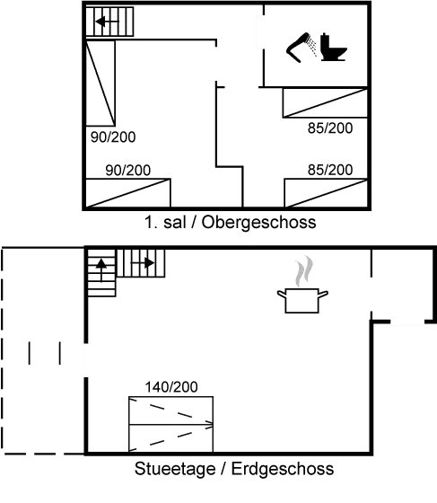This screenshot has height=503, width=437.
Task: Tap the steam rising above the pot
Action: click(306, 269)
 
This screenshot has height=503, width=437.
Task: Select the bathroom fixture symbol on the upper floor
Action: click(316, 48)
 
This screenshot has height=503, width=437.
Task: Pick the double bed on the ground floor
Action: click(170, 424)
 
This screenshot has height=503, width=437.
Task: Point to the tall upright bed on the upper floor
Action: click(101, 85)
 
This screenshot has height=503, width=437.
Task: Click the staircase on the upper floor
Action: click(102, 22)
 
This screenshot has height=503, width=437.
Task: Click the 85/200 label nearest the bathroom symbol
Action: click(329, 129)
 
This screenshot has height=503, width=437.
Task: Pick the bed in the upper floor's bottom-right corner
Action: click(327, 190)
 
